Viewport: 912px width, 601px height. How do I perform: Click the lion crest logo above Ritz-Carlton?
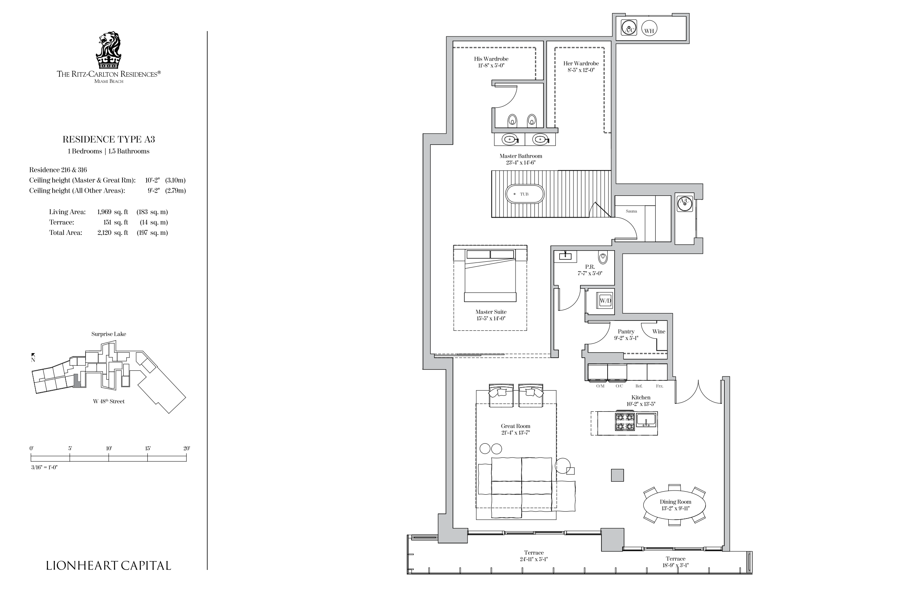point(108,50)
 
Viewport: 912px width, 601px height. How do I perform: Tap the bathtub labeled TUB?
point(525,194)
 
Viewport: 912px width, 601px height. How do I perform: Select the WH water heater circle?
point(649,29)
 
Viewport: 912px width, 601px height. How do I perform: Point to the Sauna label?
point(631,211)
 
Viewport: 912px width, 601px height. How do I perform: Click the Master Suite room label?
point(491,312)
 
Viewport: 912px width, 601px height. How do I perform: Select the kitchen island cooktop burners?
point(625,421)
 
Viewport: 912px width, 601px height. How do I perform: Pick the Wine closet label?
point(659,332)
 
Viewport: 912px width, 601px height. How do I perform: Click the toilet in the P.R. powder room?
point(603,258)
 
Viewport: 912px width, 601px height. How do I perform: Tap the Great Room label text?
point(515,426)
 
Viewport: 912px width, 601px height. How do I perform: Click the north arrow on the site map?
point(33,355)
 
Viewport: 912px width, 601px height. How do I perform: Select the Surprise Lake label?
point(109,334)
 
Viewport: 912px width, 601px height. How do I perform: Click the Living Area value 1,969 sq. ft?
point(112,212)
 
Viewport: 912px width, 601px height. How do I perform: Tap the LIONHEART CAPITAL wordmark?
point(109,565)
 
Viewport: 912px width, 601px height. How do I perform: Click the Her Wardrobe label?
point(581,64)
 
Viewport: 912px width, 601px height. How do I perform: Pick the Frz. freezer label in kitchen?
point(660,386)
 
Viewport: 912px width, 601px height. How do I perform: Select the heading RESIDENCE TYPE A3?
point(109,139)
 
